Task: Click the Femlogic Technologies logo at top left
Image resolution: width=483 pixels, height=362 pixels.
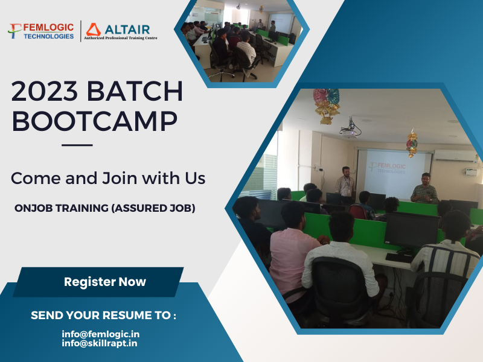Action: click(x=41, y=31)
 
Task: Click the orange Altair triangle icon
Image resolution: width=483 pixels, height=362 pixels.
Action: click(x=94, y=30)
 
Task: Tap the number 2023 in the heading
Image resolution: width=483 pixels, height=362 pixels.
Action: click(x=44, y=91)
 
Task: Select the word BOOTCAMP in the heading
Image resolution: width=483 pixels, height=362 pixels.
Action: click(x=95, y=121)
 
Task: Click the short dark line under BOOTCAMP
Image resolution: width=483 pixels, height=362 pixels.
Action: click(x=77, y=145)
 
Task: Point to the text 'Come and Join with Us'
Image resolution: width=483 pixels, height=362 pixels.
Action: click(x=108, y=178)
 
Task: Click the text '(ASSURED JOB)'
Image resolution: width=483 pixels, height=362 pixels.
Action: click(x=153, y=208)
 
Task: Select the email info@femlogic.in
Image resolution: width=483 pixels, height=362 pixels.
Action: click(x=100, y=334)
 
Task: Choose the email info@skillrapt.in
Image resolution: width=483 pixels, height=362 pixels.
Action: click(x=100, y=343)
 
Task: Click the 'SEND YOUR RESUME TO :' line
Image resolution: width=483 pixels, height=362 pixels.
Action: click(x=103, y=315)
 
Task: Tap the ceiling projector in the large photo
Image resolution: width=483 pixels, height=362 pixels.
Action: click(x=350, y=130)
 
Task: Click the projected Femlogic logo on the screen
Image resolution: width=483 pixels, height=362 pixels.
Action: click(x=388, y=168)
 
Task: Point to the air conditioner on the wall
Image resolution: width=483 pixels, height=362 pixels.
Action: click(x=455, y=156)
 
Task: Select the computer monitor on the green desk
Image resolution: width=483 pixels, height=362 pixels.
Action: click(x=412, y=231)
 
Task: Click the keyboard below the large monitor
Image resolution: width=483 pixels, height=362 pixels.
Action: click(x=400, y=258)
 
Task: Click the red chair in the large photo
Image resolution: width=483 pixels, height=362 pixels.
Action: click(x=359, y=212)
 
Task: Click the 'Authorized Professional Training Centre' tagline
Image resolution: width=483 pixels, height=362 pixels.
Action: click(x=120, y=38)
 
